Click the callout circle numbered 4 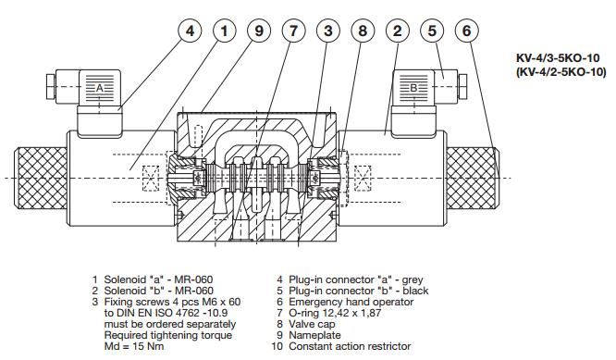tap(191, 31)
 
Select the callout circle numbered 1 tap(225, 31)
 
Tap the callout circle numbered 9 tap(259, 31)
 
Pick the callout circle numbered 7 tap(294, 31)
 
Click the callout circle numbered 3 tap(328, 31)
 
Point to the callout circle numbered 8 tap(363, 31)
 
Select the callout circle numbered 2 tap(398, 31)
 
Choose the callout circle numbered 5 tap(432, 31)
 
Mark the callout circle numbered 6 tap(467, 31)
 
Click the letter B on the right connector tap(414, 89)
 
